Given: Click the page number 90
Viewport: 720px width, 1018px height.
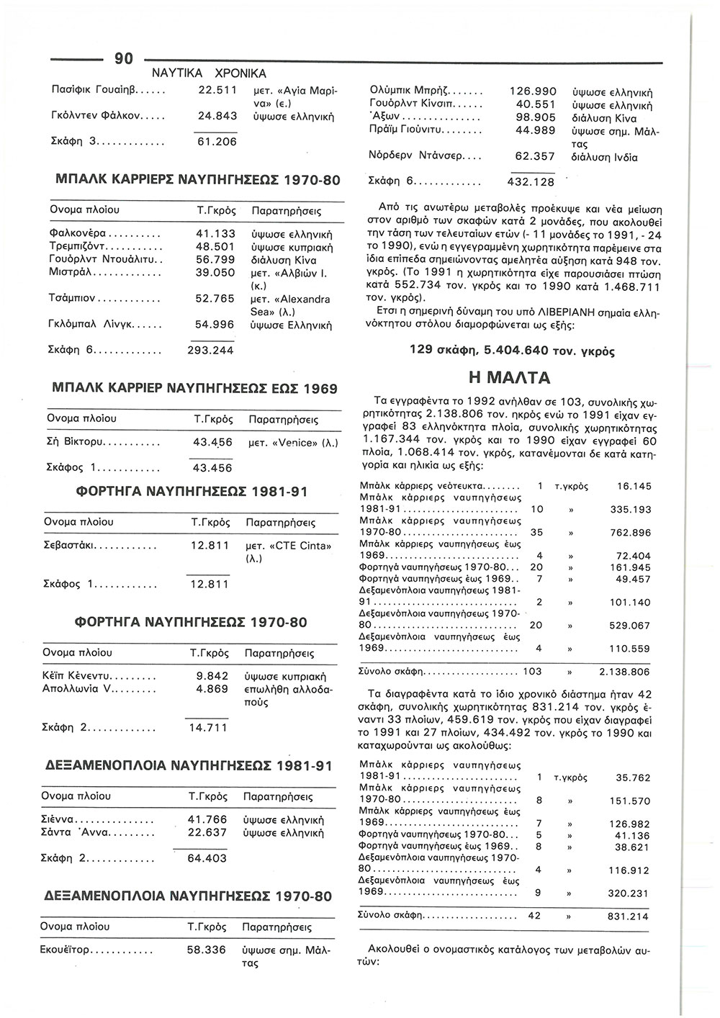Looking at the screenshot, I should click(124, 59).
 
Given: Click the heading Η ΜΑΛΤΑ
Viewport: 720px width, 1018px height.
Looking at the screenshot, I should click(509, 377).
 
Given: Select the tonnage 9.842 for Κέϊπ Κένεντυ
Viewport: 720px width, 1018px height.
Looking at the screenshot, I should click(212, 676).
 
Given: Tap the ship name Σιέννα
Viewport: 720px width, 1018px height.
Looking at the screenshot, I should click(60, 819).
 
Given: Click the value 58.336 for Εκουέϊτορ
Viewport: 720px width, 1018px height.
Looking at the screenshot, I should click(207, 950).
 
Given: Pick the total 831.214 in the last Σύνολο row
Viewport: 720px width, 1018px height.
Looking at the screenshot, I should click(628, 916).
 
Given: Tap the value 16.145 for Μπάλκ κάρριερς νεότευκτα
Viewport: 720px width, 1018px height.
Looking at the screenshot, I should click(634, 487).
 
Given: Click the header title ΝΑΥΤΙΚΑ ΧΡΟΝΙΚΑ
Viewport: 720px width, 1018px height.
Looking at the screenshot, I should click(209, 73).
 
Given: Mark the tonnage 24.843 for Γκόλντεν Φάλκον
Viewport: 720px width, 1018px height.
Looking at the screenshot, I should click(217, 115).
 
